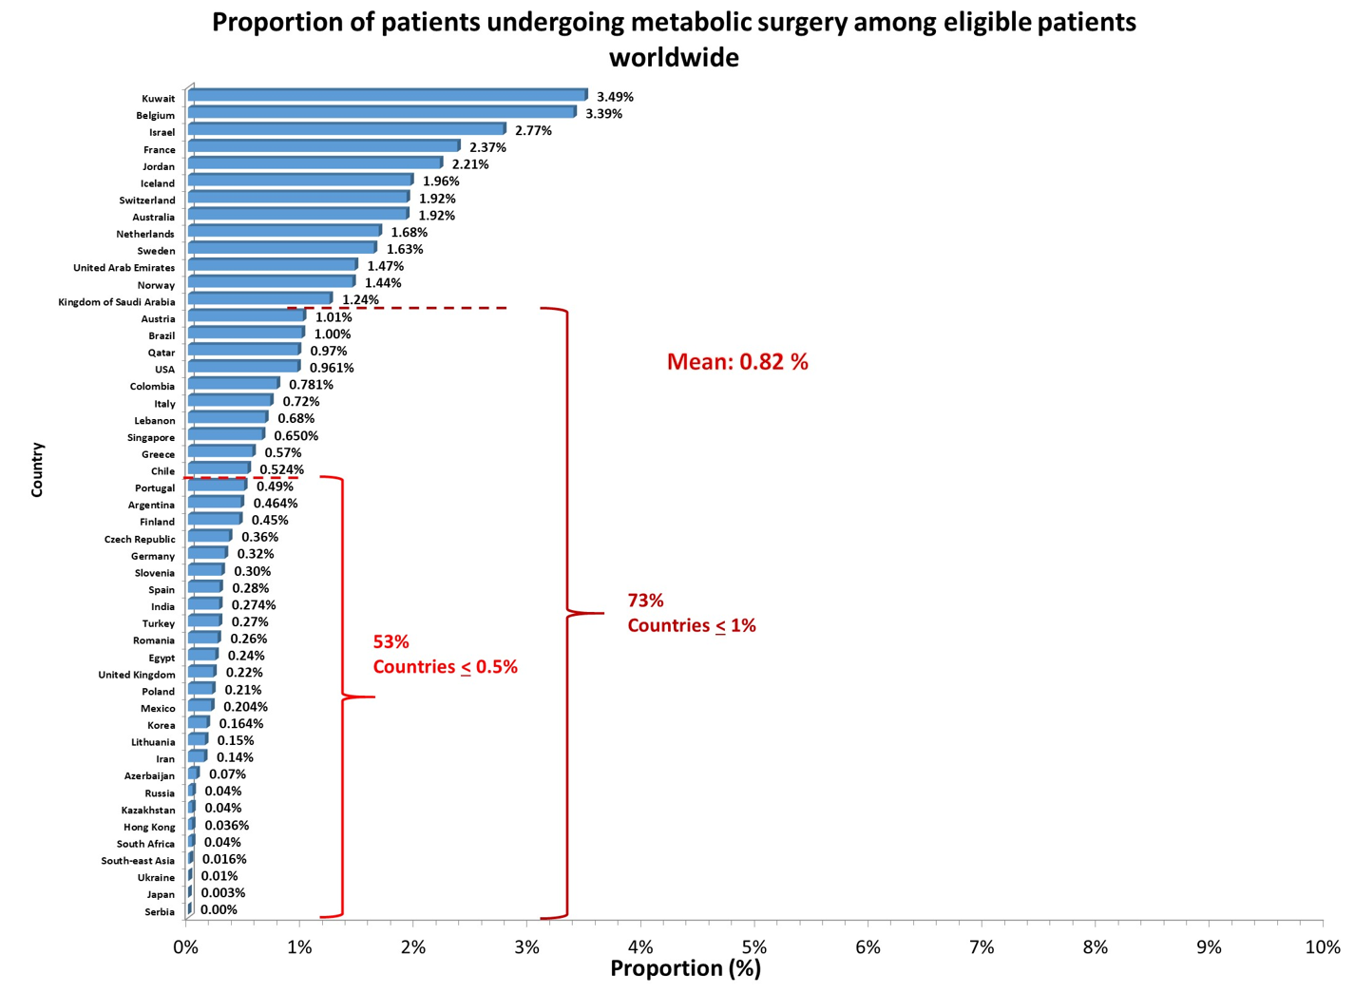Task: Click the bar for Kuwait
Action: [388, 95]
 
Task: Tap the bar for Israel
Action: [347, 129]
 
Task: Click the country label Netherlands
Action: [145, 234]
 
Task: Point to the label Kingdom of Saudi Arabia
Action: [117, 302]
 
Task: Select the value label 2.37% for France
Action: [487, 147]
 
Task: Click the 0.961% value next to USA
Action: [332, 368]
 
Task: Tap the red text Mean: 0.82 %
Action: [737, 362]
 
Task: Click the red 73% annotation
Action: [645, 601]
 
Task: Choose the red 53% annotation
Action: [391, 642]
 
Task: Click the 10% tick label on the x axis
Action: [1322, 947]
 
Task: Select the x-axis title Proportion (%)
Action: [685, 968]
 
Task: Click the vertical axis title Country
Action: [37, 469]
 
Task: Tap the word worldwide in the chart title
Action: [674, 58]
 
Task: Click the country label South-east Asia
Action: [138, 861]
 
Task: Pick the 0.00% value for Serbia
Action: [219, 910]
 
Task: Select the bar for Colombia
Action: [234, 384]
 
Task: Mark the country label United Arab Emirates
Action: [124, 268]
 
